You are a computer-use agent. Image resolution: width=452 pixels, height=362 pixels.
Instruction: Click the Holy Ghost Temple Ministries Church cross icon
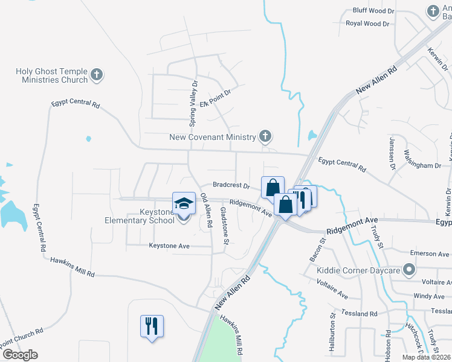97,76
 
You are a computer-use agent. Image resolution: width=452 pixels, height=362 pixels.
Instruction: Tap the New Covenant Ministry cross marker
265,137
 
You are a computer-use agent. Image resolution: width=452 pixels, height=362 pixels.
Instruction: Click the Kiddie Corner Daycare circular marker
410,270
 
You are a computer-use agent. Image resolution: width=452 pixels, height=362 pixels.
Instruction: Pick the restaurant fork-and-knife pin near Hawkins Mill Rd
150,326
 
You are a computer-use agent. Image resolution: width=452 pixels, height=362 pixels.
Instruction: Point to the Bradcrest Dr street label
231,185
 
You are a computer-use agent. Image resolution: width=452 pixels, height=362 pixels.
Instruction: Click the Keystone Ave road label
169,246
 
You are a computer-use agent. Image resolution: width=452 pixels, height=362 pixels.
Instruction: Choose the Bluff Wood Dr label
373,11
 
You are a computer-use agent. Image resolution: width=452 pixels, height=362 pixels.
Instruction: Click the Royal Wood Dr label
367,24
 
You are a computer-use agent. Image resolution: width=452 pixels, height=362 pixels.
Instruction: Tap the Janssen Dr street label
391,154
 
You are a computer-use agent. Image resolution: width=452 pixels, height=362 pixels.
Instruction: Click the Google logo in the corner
19,355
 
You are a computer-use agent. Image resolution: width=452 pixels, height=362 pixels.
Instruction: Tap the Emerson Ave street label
430,253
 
